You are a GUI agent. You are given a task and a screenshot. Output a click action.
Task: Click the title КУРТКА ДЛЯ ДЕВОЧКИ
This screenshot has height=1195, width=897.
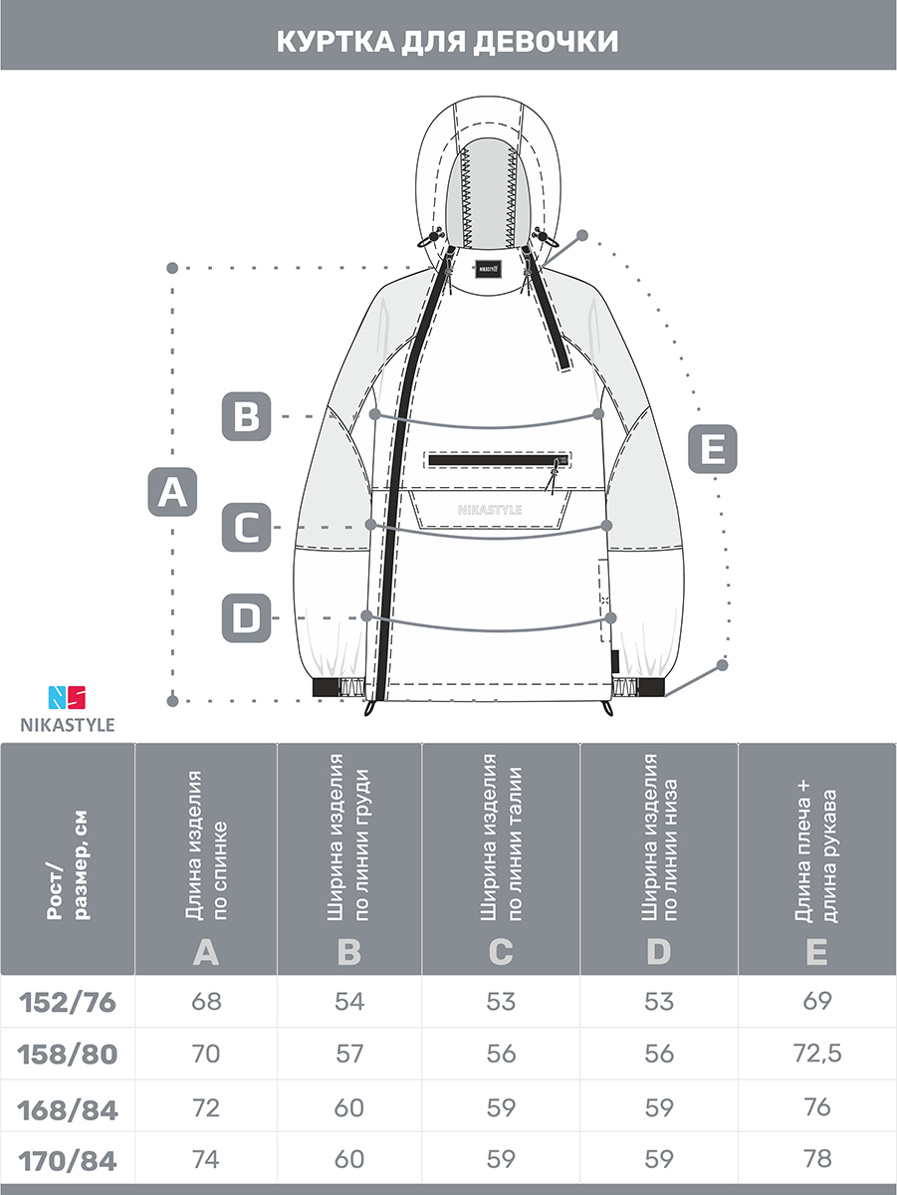[x=447, y=42]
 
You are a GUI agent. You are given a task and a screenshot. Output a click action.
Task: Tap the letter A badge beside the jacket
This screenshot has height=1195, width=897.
[x=172, y=492]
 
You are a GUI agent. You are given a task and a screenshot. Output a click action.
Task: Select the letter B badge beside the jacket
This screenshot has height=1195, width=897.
[x=247, y=416]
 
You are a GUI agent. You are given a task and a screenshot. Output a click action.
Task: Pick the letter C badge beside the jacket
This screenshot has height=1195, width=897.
[x=247, y=527]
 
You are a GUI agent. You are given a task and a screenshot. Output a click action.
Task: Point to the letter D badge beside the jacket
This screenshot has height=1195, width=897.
[x=247, y=618]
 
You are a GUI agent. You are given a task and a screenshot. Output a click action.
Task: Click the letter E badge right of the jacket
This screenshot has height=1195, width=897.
[x=713, y=449]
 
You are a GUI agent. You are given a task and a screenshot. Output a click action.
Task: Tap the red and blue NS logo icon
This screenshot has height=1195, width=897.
[x=67, y=697]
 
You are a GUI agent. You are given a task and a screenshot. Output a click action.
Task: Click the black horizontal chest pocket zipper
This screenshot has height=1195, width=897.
[x=498, y=460]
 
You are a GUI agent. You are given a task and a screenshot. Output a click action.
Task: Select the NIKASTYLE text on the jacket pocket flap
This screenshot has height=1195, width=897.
[x=490, y=510]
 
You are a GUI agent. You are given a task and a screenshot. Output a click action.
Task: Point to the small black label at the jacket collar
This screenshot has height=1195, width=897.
[x=488, y=269]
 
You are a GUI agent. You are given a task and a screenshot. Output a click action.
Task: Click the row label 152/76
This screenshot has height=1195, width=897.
[x=68, y=1002]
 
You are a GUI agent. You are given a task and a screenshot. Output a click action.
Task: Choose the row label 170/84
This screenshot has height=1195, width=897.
[x=68, y=1162]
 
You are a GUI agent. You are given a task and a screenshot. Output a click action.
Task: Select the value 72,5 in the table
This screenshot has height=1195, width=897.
[x=817, y=1054]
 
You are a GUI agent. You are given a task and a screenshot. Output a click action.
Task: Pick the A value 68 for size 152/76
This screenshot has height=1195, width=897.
[x=206, y=1002]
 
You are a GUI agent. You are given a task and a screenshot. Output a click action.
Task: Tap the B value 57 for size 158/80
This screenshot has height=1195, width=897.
[x=349, y=1054]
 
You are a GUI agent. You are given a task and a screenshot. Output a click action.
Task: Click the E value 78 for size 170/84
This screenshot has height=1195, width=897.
[x=817, y=1159]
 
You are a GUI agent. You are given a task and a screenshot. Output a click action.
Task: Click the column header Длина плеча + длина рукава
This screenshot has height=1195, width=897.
[x=816, y=852]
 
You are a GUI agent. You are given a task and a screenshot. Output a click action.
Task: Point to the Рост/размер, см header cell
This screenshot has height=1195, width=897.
[x=68, y=865]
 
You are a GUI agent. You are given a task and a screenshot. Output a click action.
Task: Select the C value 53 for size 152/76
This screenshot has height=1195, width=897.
[x=501, y=1002]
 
